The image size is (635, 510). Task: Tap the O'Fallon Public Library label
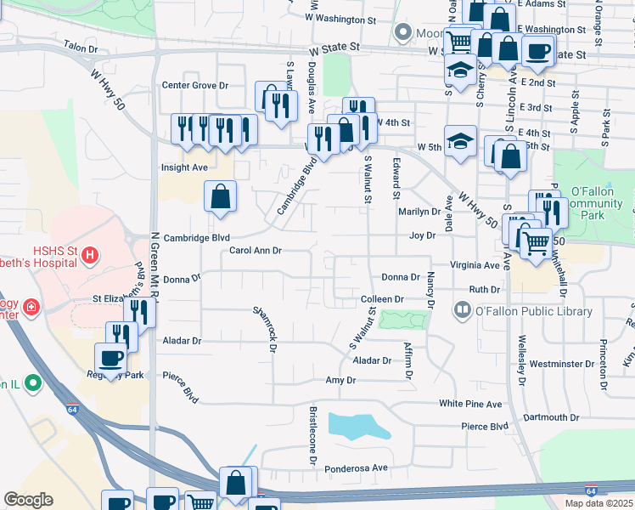pos(520,311)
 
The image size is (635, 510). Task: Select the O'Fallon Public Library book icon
pos(463,310)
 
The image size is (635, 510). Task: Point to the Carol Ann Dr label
pos(255,251)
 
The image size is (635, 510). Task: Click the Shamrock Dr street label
pos(266,328)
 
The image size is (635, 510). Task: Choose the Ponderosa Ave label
pos(360,467)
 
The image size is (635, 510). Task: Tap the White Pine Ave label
pos(470,404)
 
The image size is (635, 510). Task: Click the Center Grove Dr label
pos(196,85)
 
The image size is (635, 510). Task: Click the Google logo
pos(28,500)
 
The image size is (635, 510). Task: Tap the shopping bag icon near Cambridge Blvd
pos(221,196)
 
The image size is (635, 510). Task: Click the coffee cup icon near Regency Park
pos(112,359)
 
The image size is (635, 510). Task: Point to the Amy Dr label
pos(340,380)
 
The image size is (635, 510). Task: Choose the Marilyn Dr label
pos(419,212)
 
